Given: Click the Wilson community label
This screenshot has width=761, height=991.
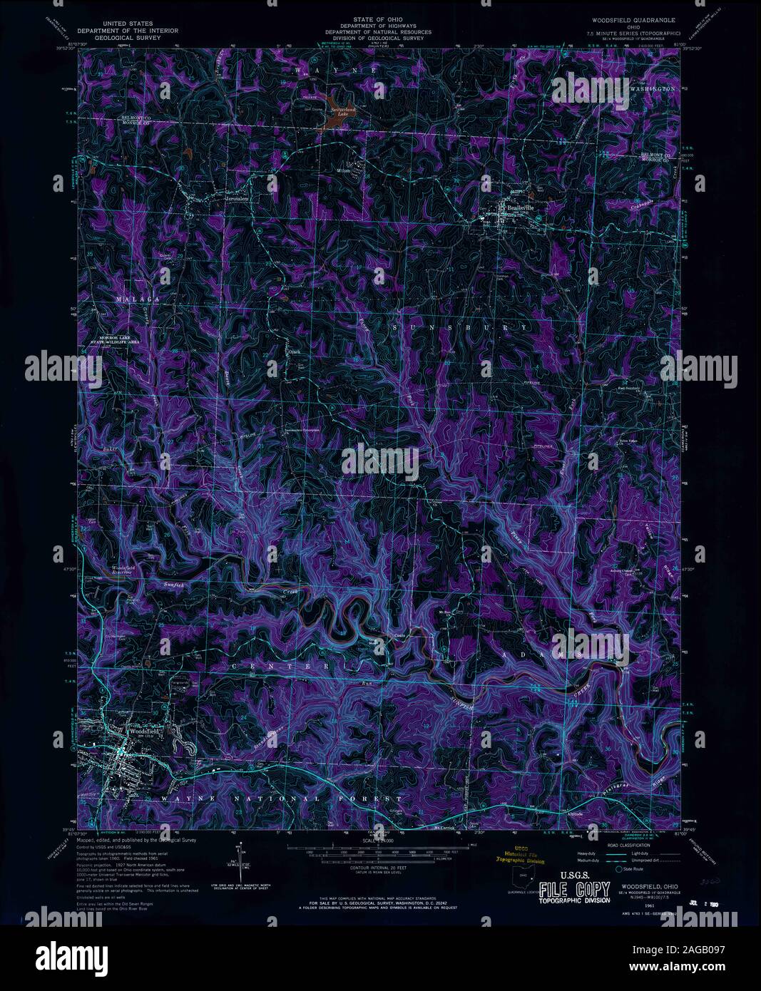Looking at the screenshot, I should click(x=345, y=170).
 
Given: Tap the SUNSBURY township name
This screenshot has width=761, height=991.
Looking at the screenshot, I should click(x=463, y=327).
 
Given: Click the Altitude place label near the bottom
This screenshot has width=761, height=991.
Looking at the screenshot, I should click(x=576, y=813).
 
